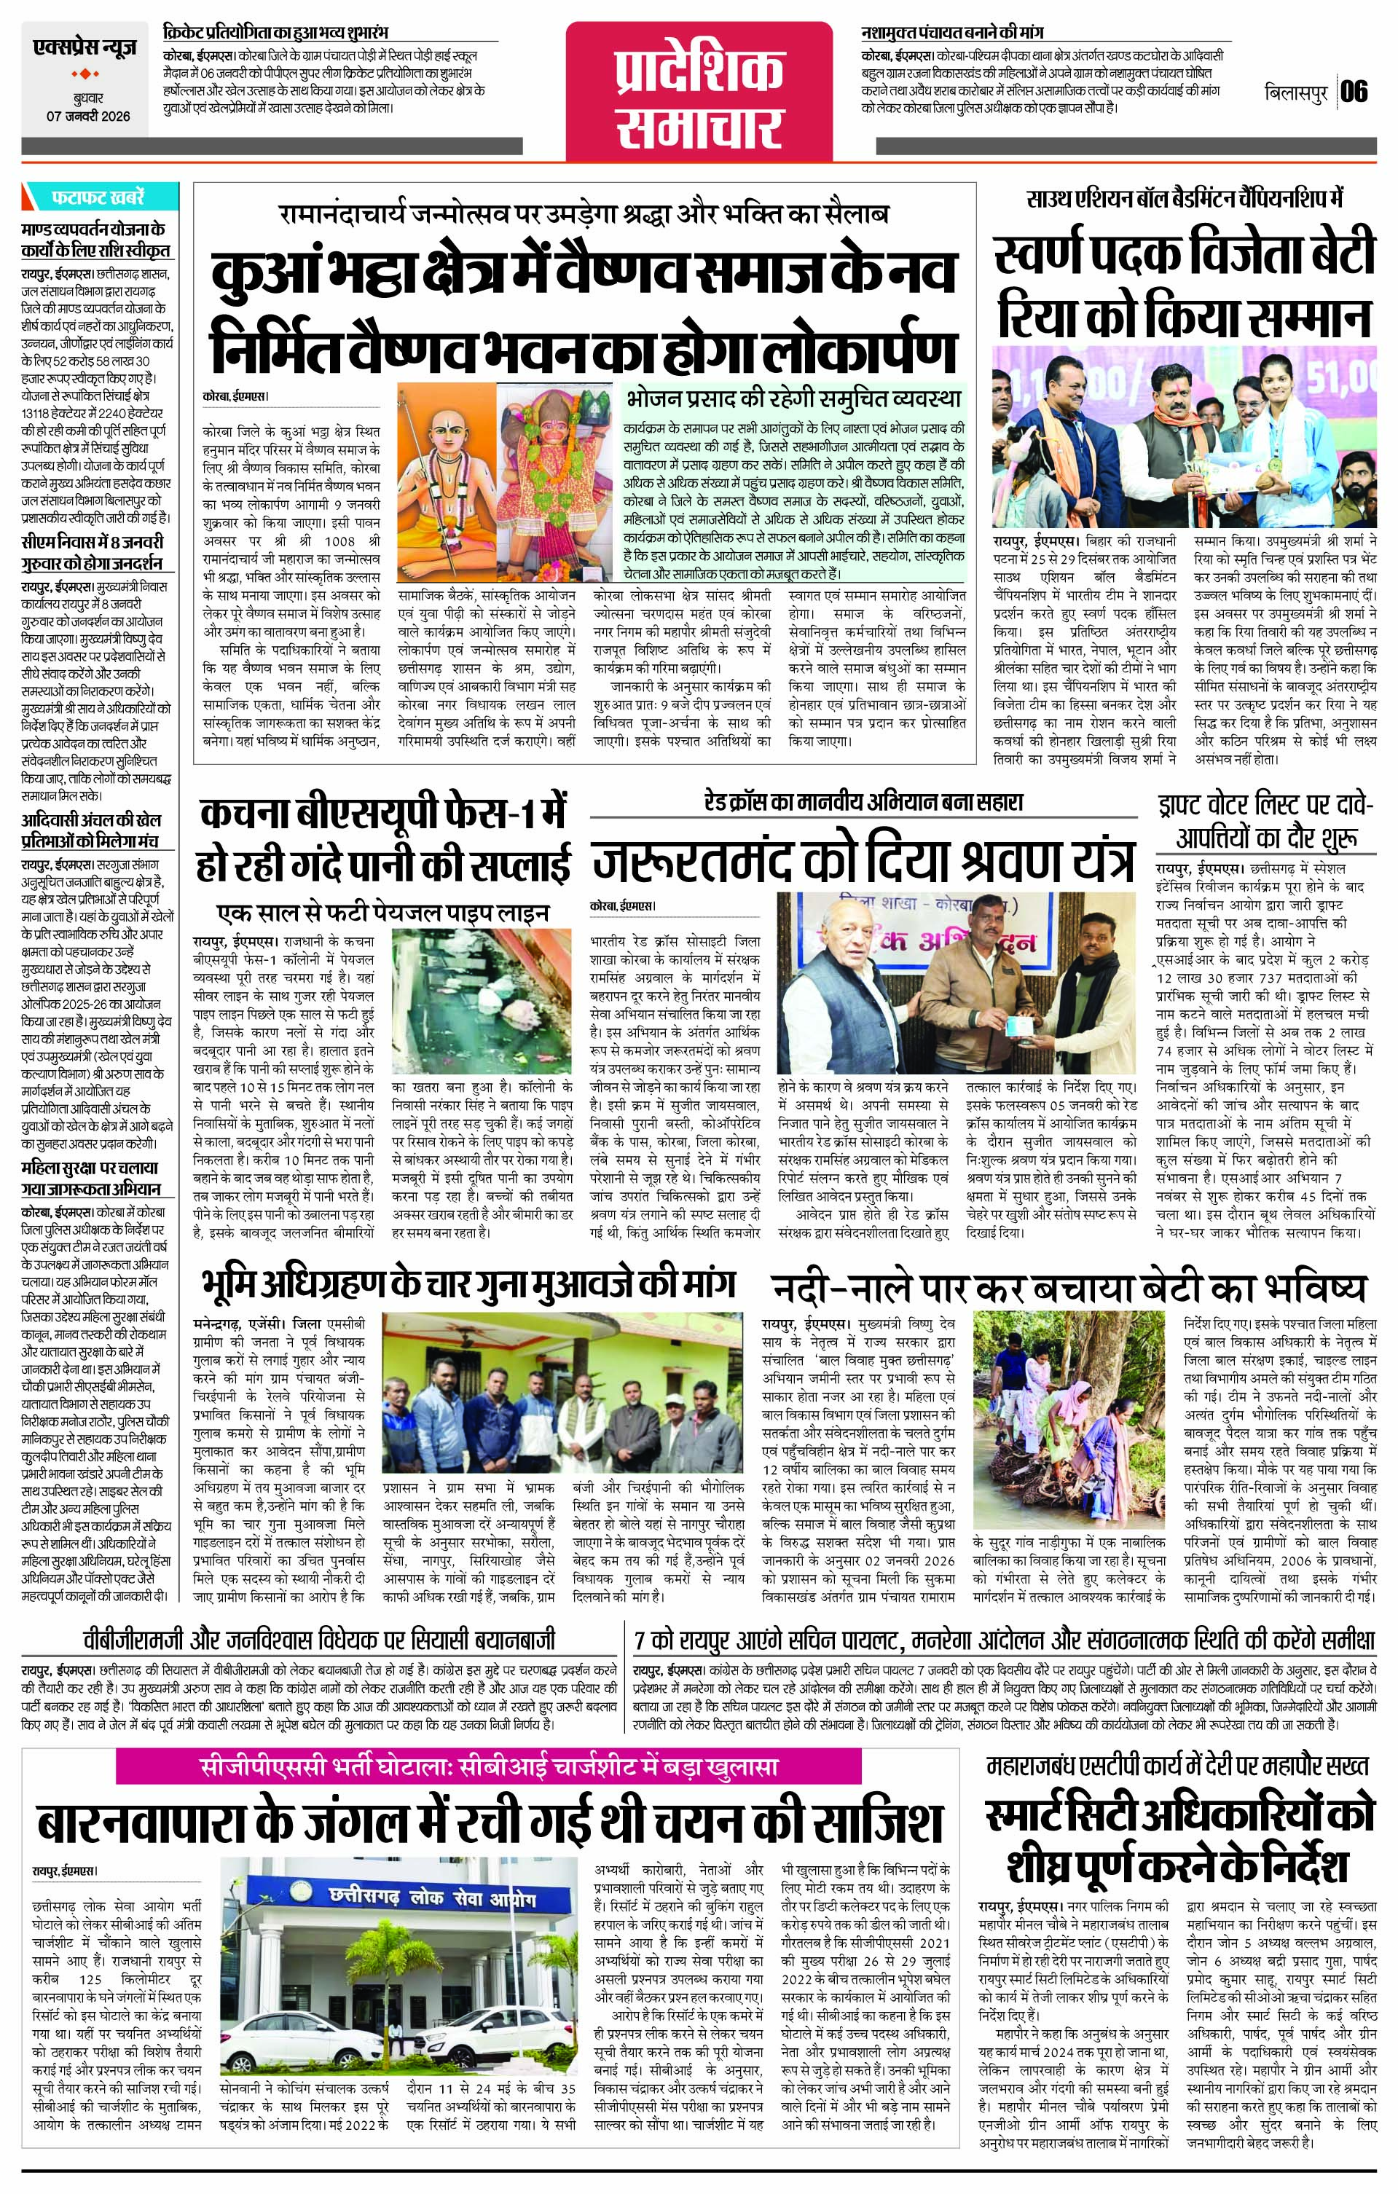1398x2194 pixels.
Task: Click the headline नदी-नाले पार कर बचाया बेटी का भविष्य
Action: coord(1069,1286)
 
